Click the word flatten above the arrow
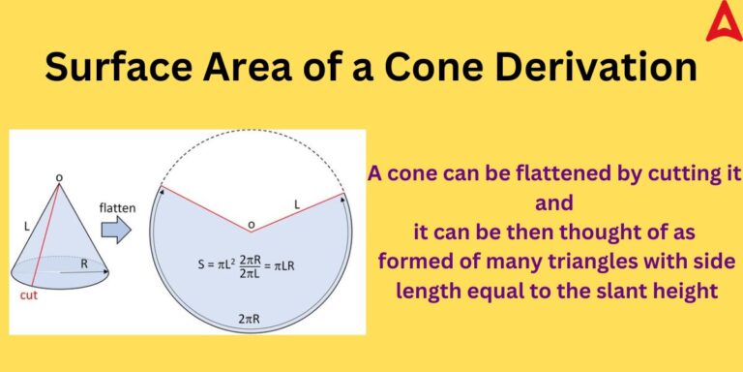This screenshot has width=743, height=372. pos(117,206)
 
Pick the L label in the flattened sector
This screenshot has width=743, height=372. pos(299,203)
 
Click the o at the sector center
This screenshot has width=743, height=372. pos(252,226)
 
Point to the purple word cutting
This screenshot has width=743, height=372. pos(667,175)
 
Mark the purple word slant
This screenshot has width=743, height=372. pos(613,289)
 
